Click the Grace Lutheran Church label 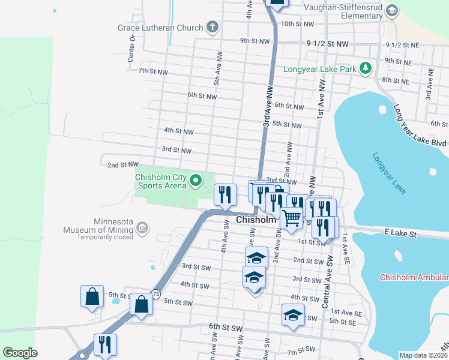[160, 26]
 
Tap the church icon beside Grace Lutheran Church [212, 26]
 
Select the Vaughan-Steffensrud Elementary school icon [392, 11]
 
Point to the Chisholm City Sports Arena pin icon [195, 180]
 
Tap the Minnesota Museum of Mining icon [142, 227]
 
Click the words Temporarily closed [104, 237]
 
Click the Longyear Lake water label [389, 173]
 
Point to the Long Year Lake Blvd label [420, 126]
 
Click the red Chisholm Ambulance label [414, 277]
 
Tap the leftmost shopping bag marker [92, 296]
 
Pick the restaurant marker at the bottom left [105, 344]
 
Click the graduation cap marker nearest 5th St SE [293, 314]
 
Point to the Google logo [20, 353]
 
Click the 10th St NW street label [297, 24]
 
